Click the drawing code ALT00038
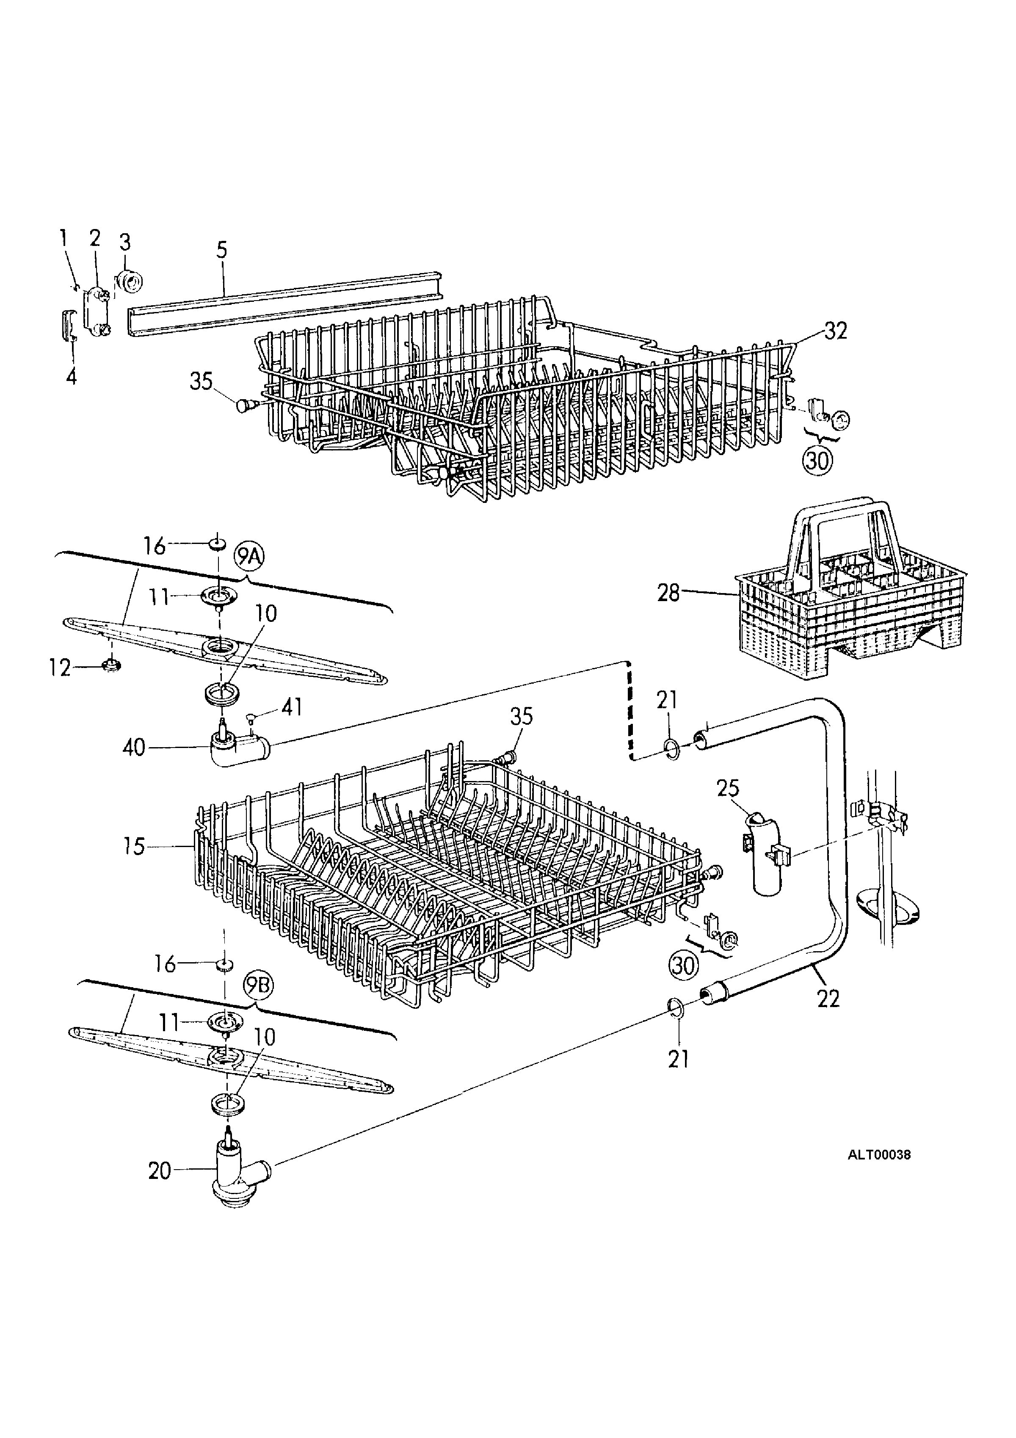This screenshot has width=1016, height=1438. pos(879,1154)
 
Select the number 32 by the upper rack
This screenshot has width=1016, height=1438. pos(836,330)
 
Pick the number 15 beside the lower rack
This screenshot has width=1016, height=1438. pos(135,847)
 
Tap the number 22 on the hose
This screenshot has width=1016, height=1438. pos(828,998)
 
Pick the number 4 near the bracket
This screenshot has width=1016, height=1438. pos(72,376)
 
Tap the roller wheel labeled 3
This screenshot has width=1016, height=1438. pos(130,282)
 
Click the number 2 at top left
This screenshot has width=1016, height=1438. pos(94,238)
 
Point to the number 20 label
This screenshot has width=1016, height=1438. pos(159,1170)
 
